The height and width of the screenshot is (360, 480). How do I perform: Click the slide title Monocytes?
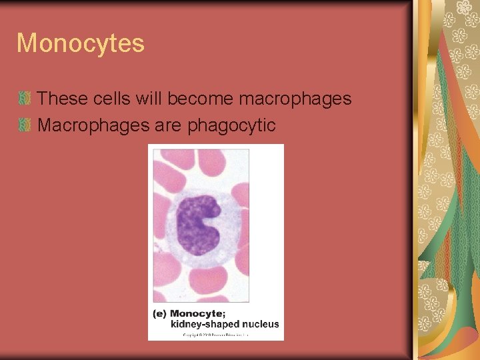pyautogui.click(x=80, y=43)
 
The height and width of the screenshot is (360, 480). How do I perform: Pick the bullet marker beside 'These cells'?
pyautogui.click(x=25, y=99)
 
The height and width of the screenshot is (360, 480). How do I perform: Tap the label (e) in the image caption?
pyautogui.click(x=159, y=313)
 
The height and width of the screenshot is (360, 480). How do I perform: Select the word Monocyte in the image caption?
pyautogui.click(x=196, y=313)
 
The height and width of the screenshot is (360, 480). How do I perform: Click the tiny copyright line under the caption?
pyautogui.click(x=215, y=335)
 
